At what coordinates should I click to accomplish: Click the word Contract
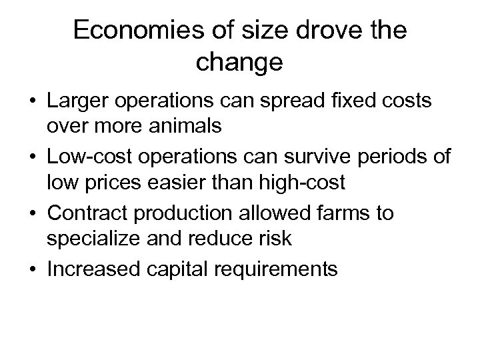point(83,214)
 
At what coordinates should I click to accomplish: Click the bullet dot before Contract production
point(32,214)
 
